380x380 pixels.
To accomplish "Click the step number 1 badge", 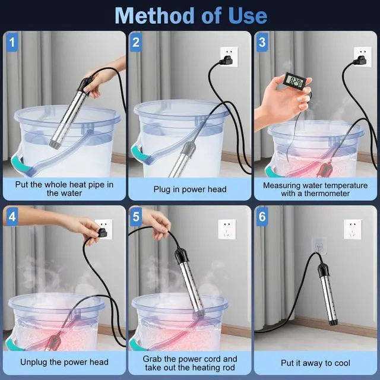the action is pyautogui.click(x=12, y=42).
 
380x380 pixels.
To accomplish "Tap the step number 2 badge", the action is pyautogui.click(x=136, y=42).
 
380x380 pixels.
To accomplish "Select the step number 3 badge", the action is pyautogui.click(x=262, y=42).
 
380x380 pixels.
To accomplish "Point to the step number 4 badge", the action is pyautogui.click(x=12, y=216).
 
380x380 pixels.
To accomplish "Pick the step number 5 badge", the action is pyautogui.click(x=136, y=216).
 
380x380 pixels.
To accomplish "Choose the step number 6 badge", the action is pyautogui.click(x=262, y=216).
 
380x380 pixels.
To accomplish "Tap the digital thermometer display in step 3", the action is pyautogui.click(x=294, y=81).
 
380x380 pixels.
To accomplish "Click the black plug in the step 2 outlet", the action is pyautogui.click(x=226, y=61).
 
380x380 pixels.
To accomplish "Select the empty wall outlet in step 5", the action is pyautogui.click(x=227, y=229).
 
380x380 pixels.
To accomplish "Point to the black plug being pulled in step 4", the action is pyautogui.click(x=102, y=233).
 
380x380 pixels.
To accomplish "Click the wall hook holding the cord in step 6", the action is pyautogui.click(x=318, y=246).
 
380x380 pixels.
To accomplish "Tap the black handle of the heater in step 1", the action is pyautogui.click(x=84, y=85).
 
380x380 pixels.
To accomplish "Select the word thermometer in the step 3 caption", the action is pyautogui.click(x=327, y=194).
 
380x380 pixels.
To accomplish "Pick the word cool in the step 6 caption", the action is pyautogui.click(x=342, y=363).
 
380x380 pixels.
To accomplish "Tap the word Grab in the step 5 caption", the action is pyautogui.click(x=152, y=359).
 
